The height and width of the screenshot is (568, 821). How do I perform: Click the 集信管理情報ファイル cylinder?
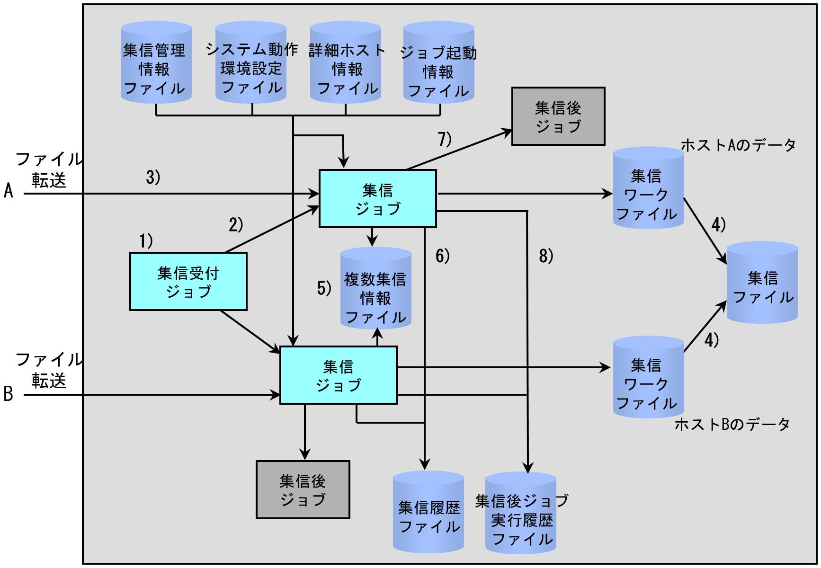156,62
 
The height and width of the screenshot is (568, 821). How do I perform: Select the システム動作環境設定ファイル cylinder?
251,62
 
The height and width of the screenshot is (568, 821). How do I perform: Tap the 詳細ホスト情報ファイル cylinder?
345,62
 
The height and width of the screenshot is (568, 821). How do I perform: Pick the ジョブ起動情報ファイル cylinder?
439,62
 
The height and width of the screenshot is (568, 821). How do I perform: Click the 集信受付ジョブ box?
188,282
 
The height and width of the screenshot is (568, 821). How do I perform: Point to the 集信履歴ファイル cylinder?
428,511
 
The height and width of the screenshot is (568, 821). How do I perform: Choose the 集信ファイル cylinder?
762,283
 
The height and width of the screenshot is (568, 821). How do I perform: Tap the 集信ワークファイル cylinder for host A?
648,188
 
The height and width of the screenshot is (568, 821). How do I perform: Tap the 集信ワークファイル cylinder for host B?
648,377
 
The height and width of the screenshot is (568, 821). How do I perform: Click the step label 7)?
445,139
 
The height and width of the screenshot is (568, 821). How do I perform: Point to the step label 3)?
153,177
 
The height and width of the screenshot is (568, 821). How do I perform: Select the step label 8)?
546,256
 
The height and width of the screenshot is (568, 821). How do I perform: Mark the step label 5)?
324,288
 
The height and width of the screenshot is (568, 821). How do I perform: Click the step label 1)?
146,241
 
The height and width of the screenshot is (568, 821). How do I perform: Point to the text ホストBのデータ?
732,425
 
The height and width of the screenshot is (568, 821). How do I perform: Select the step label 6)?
442,256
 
